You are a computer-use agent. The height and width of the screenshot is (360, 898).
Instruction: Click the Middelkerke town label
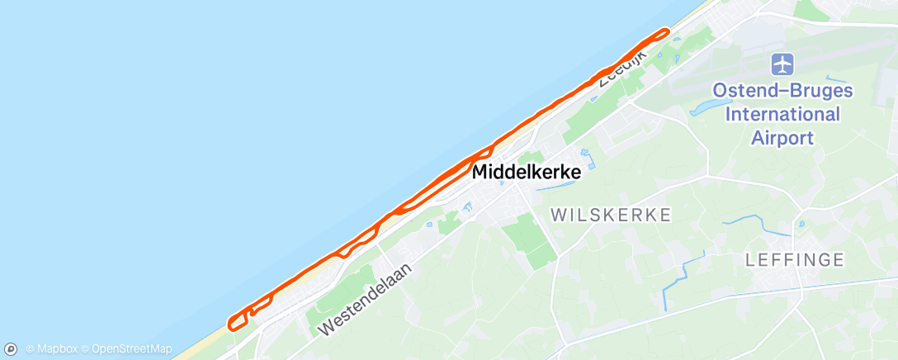(x=527, y=173)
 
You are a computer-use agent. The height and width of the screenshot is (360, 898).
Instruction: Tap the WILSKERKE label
(x=611, y=216)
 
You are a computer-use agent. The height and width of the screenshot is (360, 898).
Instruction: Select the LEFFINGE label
(x=795, y=260)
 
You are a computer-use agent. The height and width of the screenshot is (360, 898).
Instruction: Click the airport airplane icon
(x=782, y=63)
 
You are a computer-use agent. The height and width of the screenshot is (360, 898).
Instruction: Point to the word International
(x=782, y=114)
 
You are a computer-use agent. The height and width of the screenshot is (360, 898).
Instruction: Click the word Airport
(x=782, y=138)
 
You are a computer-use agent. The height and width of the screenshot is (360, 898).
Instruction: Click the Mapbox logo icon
(x=11, y=349)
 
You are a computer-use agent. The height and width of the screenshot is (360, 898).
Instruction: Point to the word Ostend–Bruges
(x=782, y=91)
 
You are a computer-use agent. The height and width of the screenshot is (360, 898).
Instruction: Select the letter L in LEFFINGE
(x=749, y=260)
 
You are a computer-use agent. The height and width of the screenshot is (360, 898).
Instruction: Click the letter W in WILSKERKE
(x=558, y=216)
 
